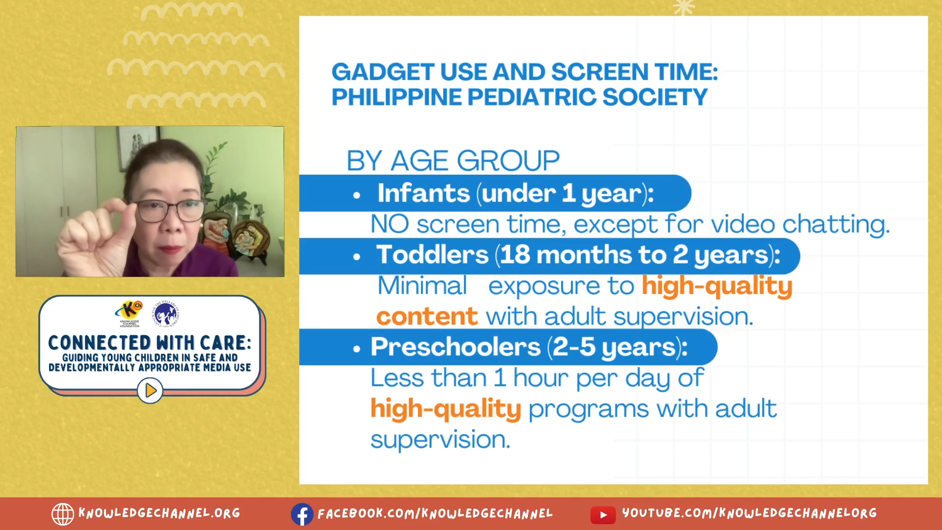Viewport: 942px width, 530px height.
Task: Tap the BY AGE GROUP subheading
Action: pos(453,160)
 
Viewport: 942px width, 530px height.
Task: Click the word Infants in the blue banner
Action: pos(423,193)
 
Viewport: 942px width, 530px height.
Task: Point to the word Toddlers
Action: pos(432,255)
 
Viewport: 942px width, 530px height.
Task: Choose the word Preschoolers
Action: pos(455,347)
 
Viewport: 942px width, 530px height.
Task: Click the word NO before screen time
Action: pos(390,224)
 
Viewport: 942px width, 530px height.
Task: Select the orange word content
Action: pos(427,317)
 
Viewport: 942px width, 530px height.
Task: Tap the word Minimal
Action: pos(422,286)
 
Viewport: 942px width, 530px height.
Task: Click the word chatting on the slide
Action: pos(836,225)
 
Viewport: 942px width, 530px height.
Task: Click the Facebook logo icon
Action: pos(302,514)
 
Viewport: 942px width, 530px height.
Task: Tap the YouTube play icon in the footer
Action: pos(603,515)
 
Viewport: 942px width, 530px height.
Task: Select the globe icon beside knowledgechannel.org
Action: pos(63,514)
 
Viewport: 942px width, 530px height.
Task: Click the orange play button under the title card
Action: pos(150,391)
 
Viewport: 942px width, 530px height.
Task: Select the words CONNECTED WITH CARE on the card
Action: pos(150,343)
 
